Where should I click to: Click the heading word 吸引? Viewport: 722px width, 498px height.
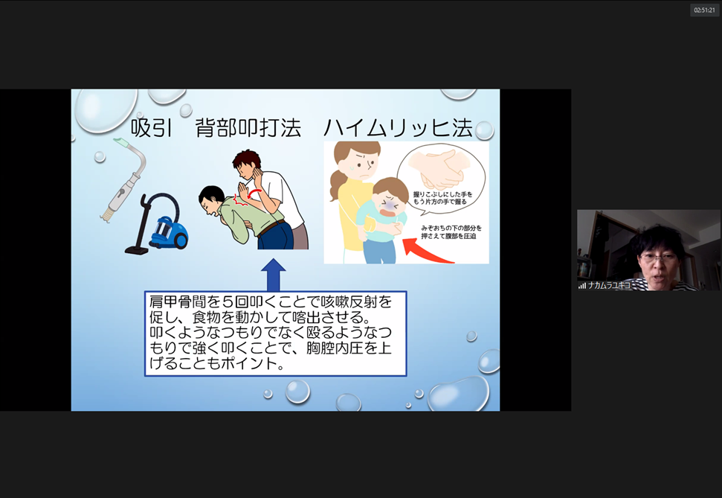point(152,128)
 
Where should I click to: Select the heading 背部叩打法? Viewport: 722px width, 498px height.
point(248,128)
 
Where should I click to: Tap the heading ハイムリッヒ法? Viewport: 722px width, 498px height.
point(399,128)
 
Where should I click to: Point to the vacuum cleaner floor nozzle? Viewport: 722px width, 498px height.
point(136,250)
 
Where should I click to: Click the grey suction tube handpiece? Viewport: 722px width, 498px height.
point(123,181)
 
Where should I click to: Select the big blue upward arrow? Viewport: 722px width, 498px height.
point(274,275)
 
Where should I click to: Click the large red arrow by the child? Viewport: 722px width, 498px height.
point(426,252)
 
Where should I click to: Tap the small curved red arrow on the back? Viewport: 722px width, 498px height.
point(254,193)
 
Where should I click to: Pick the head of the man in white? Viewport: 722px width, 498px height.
point(248,165)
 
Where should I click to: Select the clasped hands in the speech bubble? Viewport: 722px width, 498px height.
point(439,168)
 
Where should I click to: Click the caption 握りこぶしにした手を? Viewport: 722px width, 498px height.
point(442,194)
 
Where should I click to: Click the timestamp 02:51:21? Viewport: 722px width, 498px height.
point(704,10)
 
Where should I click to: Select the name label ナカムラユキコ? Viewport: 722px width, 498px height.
point(609,285)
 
